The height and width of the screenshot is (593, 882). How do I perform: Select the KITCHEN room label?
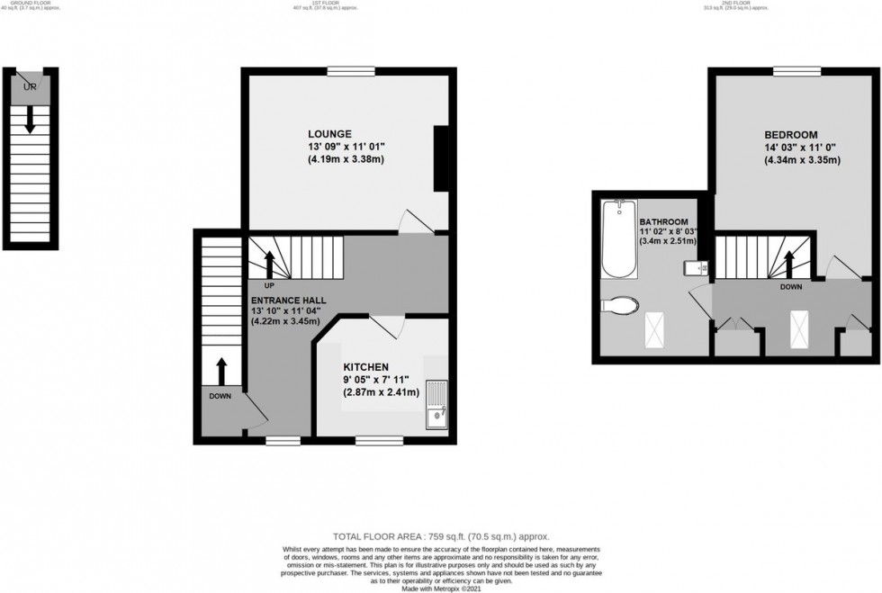click(x=366, y=367)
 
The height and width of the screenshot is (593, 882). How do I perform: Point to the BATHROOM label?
click(x=664, y=222)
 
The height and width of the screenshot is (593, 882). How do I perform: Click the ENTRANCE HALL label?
click(x=289, y=300)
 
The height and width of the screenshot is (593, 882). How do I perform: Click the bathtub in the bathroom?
click(x=620, y=238)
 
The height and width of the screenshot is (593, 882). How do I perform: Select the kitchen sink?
click(x=436, y=404)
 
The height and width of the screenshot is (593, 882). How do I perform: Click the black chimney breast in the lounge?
click(x=441, y=158)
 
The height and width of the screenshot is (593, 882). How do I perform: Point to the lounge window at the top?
click(x=350, y=70)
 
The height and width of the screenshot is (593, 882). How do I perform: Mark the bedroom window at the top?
click(x=796, y=70)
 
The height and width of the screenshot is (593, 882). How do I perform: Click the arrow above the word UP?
click(x=268, y=265)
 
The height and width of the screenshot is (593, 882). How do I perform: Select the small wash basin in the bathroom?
click(x=701, y=267)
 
